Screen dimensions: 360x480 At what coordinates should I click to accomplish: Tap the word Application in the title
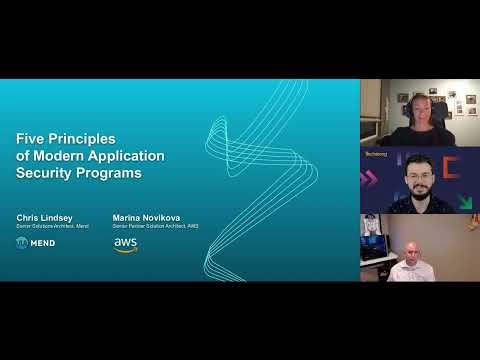click(x=129, y=157)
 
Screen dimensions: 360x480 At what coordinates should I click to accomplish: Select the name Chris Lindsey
click(x=45, y=216)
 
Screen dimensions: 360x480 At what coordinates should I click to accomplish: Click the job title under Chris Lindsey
click(x=53, y=226)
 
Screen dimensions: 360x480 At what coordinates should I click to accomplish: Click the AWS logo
click(x=125, y=244)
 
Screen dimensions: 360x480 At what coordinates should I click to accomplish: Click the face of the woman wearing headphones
click(x=414, y=104)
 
